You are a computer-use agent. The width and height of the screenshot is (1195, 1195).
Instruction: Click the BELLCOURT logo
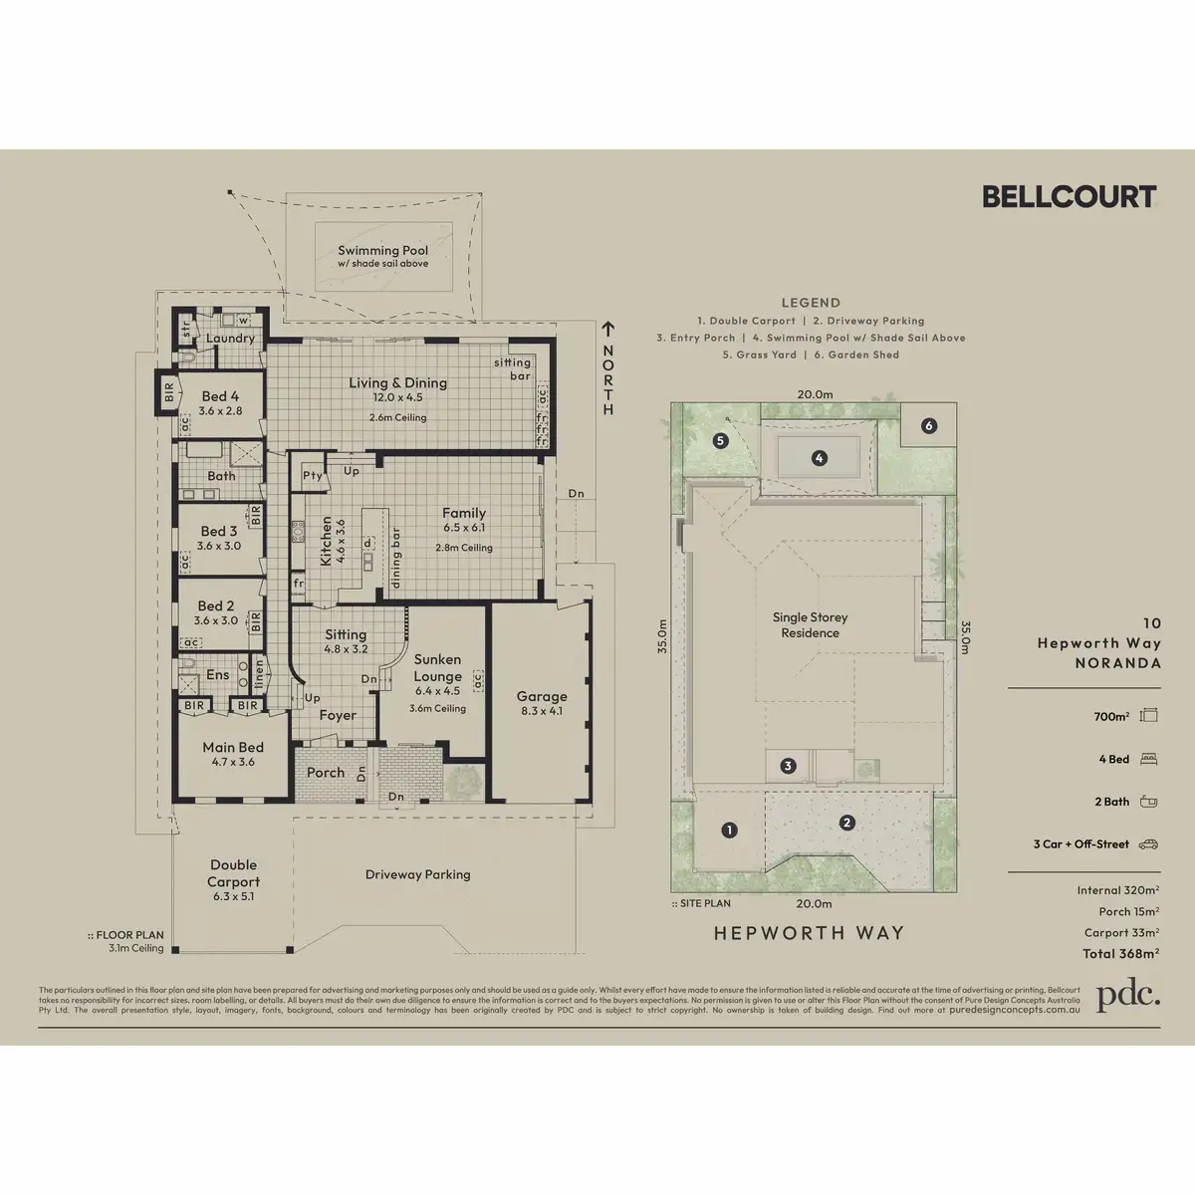pos(1069,196)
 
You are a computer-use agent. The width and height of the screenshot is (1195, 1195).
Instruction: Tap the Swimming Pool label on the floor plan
pos(382,252)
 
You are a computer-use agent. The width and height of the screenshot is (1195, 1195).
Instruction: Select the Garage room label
pos(541,697)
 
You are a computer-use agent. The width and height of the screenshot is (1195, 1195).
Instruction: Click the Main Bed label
pos(233,747)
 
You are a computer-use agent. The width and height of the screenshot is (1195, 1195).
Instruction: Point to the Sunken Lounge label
pos(437,668)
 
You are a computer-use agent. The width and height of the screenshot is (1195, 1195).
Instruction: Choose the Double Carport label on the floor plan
pos(233,873)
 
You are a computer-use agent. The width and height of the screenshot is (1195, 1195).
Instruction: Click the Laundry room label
pos(230,339)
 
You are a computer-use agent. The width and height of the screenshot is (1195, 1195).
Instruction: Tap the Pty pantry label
pos(313,476)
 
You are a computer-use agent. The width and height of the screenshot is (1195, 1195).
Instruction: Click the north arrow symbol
pos(606,328)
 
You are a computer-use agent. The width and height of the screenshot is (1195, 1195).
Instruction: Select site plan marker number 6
pos(929,426)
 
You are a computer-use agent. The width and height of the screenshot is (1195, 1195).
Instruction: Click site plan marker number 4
pos(819,459)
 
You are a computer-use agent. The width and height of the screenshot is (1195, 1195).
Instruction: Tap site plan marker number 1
pos(729,830)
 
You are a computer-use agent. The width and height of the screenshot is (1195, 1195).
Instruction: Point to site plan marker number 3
pos(788,766)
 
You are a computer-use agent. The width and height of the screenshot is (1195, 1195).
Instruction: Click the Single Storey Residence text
pos(811,625)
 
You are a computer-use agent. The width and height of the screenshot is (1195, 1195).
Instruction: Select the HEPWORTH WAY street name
pos(810,933)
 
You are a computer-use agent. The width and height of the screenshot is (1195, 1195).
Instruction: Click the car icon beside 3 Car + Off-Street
pos(1149,844)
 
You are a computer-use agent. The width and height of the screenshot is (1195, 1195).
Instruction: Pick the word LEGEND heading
pos(811,303)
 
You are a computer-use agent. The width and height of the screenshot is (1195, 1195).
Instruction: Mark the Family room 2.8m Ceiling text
pos(463,548)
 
